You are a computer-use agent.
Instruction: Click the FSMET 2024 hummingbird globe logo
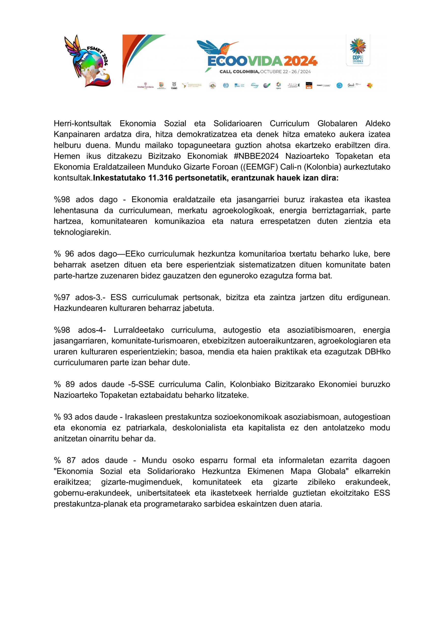coord(87,61)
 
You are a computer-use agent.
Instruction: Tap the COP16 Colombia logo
coord(358,50)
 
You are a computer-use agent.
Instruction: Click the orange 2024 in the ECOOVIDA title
coord(301,61)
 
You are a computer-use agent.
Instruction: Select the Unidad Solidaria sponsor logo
coord(145,86)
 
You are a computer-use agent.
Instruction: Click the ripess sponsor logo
coord(278,86)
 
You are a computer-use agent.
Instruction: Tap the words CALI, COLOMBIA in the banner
coord(239,72)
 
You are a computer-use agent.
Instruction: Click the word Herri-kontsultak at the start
coord(83,124)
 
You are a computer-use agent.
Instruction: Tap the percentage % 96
coord(64,254)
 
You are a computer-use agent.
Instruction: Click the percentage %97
coord(62,297)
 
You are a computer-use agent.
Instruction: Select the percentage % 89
coord(64,384)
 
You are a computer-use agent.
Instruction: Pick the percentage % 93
coord(62,417)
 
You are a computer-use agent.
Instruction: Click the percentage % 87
coord(65,460)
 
